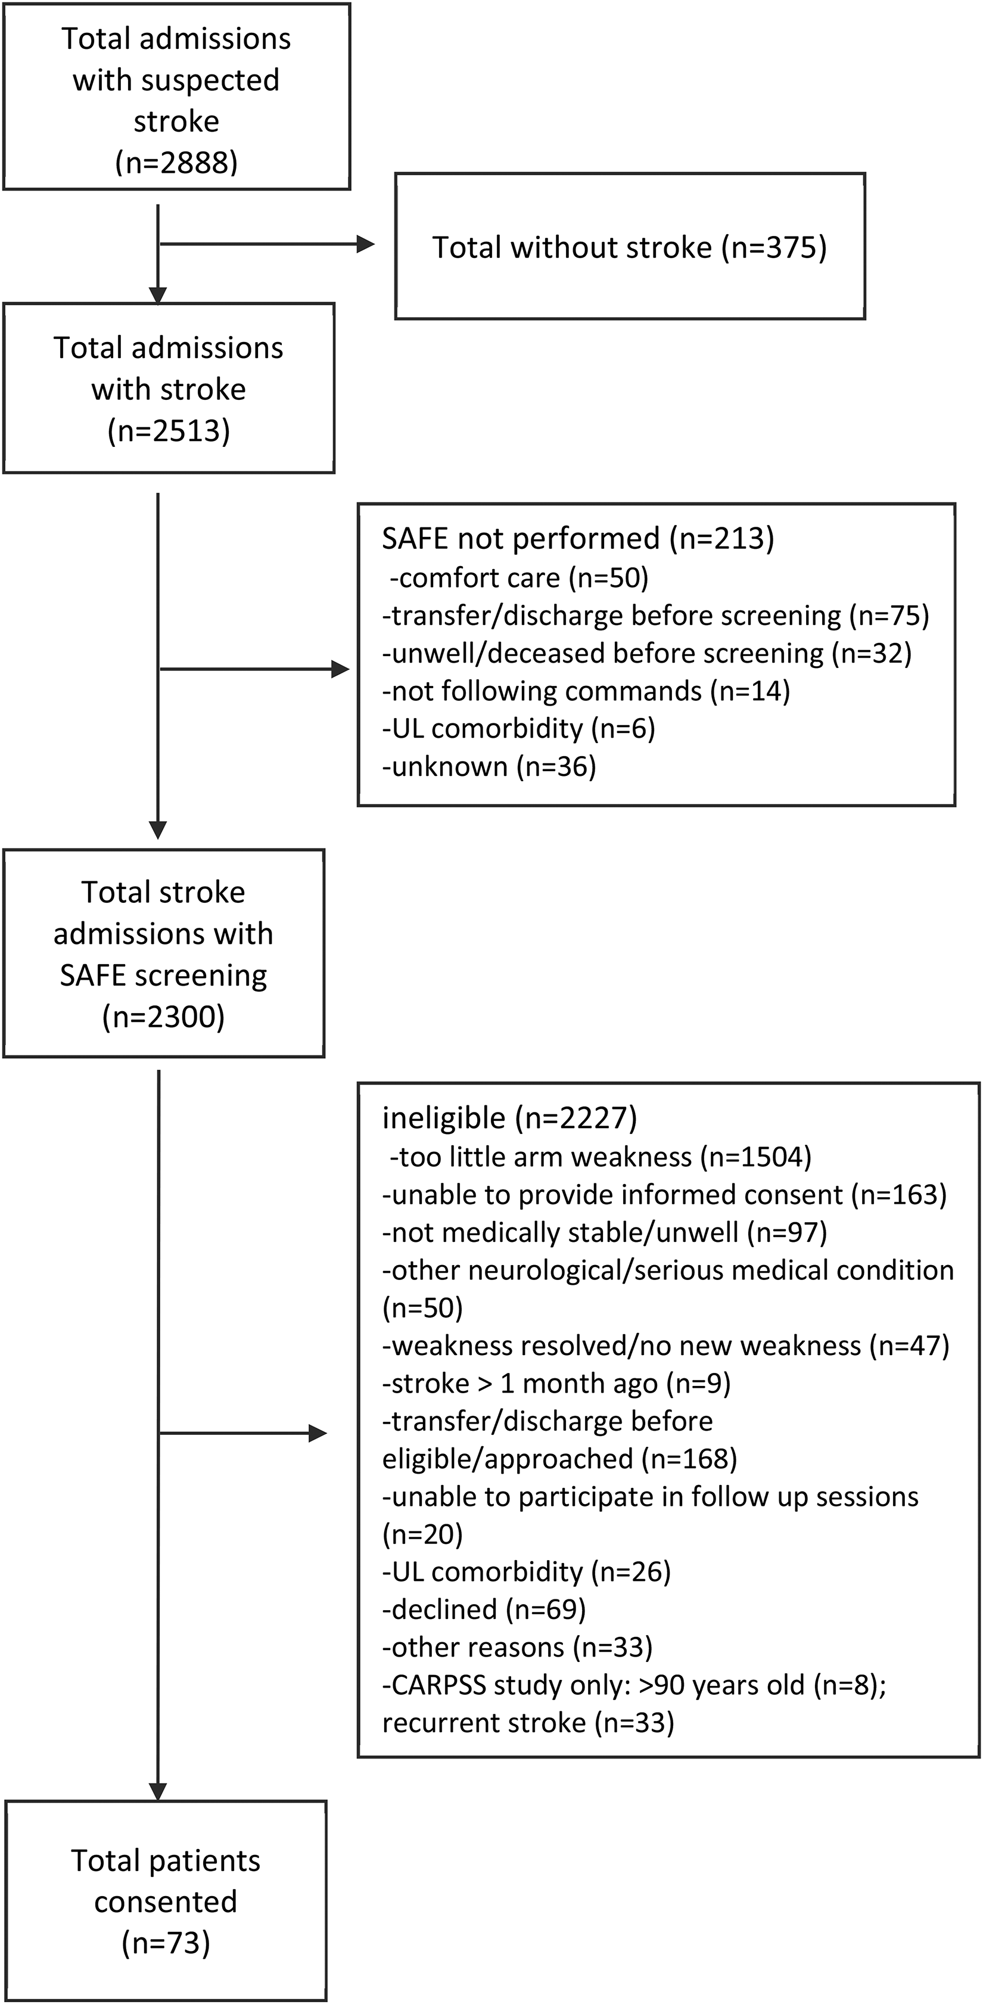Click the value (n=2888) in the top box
pyautogui.click(x=176, y=163)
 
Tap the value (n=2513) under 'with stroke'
pyautogui.click(x=169, y=430)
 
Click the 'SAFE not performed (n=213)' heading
pyautogui.click(x=578, y=538)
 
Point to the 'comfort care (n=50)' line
pyautogui.click(x=519, y=577)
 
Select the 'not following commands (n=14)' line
pyautogui.click(x=586, y=691)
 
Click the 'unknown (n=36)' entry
pyautogui.click(x=489, y=767)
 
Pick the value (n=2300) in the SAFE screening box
pyautogui.click(x=163, y=1017)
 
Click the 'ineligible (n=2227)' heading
pyautogui.click(x=509, y=1118)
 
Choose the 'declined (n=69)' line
pyautogui.click(x=484, y=1609)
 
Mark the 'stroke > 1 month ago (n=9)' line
pyautogui.click(x=556, y=1383)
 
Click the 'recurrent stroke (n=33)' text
pyautogui.click(x=528, y=1722)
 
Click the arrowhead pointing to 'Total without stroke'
pyautogui.click(x=366, y=244)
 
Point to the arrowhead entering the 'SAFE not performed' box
pyautogui.click(x=341, y=669)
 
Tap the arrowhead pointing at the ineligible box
pyautogui.click(x=318, y=1433)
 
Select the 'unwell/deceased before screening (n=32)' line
pyautogui.click(x=646, y=653)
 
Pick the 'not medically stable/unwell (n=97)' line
pyautogui.click(x=604, y=1232)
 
